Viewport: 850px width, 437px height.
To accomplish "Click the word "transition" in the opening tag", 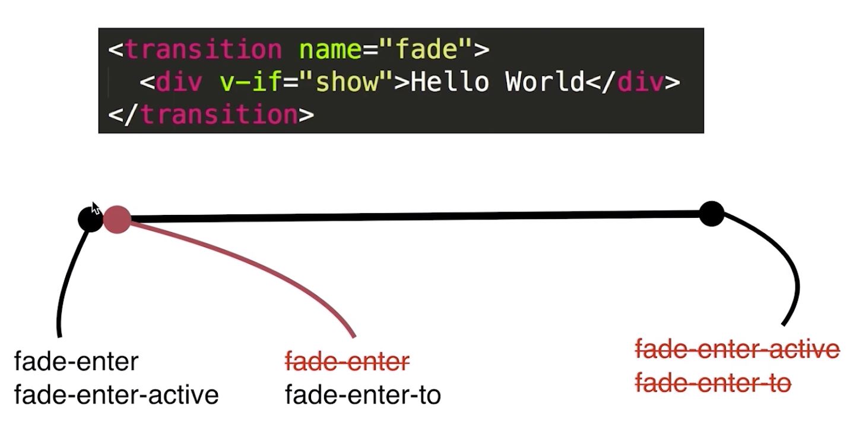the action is coord(204,50).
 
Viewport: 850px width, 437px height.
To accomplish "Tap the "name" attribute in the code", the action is coord(330,50).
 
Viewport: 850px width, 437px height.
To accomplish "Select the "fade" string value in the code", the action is coord(425,49).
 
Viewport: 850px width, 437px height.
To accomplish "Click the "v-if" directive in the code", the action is coord(250,81).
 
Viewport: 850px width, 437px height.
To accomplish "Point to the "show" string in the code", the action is coord(347,81).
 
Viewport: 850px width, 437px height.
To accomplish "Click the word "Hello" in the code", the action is coord(450,81).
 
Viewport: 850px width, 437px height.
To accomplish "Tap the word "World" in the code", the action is coord(545,81).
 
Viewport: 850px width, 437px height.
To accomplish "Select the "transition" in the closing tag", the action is coord(220,115).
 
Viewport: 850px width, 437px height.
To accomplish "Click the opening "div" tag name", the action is coord(179,81).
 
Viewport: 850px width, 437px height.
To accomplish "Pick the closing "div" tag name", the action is coord(640,81).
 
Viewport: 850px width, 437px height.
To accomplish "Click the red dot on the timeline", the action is coord(118,220).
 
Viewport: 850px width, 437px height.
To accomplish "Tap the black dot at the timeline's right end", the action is coord(712,214).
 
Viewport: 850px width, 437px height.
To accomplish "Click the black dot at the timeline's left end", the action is coord(90,220).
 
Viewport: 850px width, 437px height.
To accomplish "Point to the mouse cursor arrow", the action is coord(95,208).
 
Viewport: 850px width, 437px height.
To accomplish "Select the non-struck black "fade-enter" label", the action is coord(76,361).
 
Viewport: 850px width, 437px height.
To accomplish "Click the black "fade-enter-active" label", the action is coord(116,395).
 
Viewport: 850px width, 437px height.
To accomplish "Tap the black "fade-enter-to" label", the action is coord(363,395).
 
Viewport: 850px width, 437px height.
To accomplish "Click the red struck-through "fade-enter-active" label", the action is coord(737,349).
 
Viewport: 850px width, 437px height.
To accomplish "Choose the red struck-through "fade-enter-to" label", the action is coord(713,383).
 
